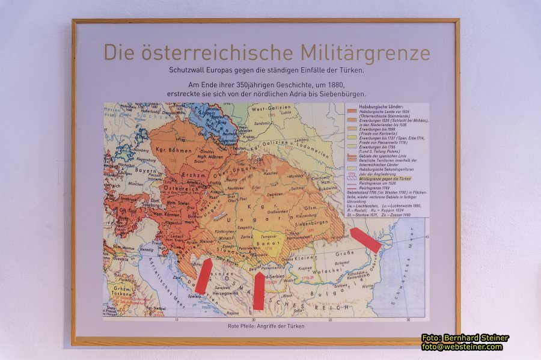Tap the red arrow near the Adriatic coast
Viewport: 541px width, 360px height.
click(x=203, y=276)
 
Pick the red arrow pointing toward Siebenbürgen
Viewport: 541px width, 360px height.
click(x=365, y=240)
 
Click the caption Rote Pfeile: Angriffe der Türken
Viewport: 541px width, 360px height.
click(x=266, y=326)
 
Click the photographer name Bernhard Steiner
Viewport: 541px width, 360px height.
click(x=475, y=338)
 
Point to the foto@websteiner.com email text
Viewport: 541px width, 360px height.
click(x=462, y=347)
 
